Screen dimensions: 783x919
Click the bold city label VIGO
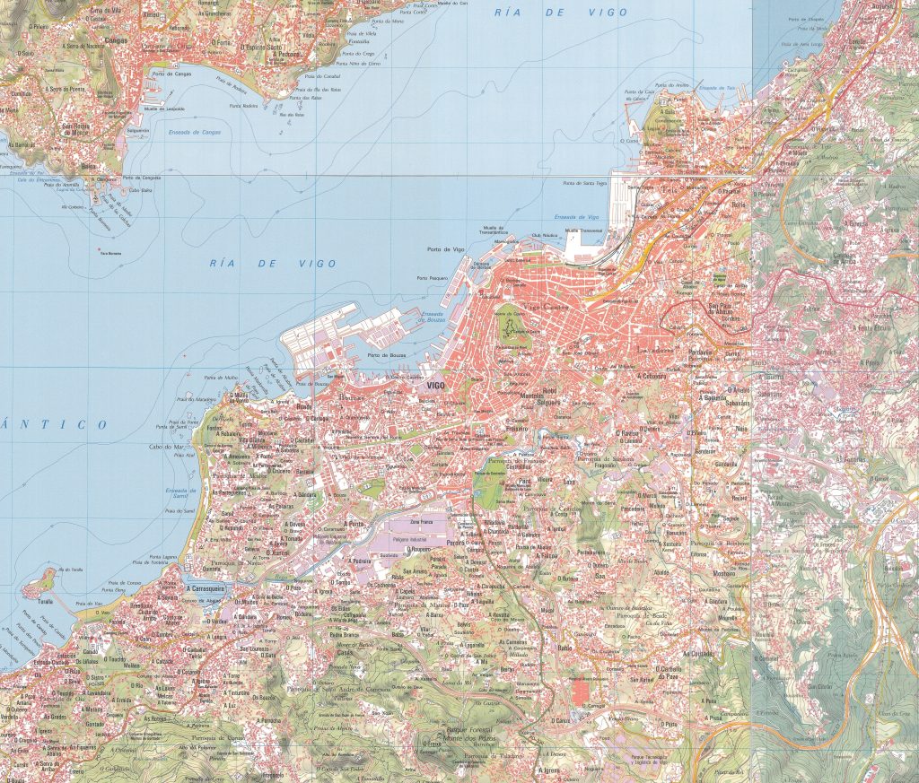tap(436, 385)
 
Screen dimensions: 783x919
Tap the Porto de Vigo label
tap(446, 248)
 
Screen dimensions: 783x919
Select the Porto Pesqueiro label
tap(433, 278)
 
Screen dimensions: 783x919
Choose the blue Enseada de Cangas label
tap(194, 132)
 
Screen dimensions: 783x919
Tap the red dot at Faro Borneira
tap(99, 249)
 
